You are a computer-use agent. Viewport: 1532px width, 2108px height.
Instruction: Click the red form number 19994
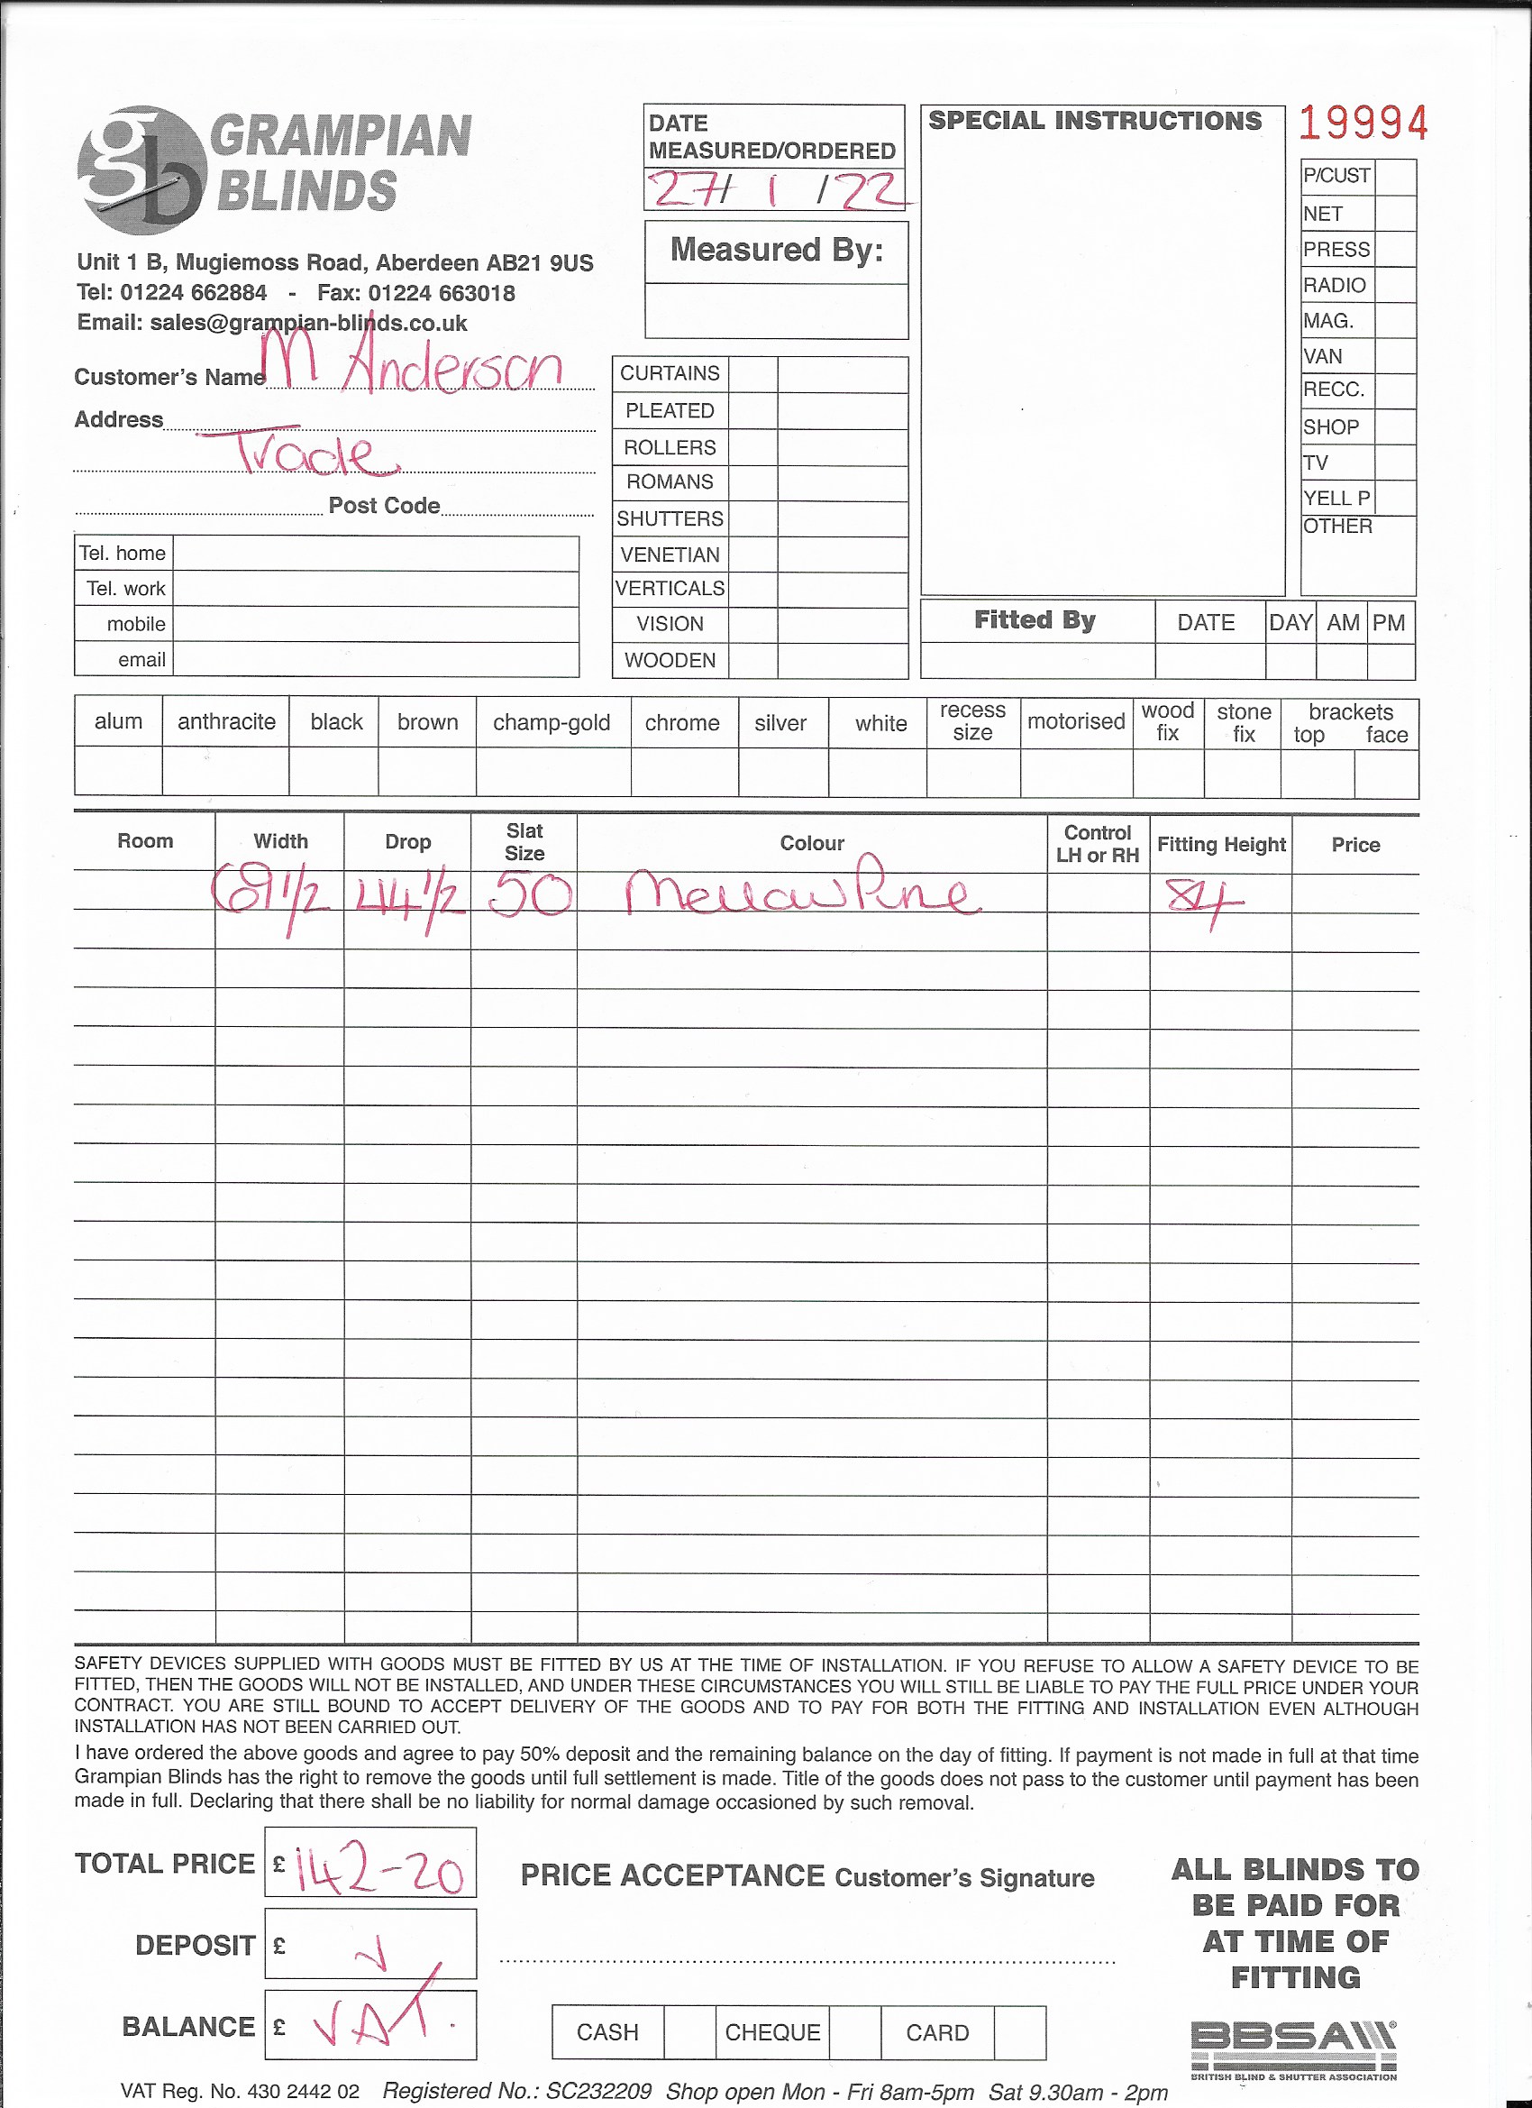pyautogui.click(x=1362, y=124)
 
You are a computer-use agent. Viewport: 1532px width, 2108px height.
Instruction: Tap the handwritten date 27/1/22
pyautogui.click(x=777, y=189)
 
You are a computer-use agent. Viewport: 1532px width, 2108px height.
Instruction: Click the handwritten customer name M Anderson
pyautogui.click(x=414, y=364)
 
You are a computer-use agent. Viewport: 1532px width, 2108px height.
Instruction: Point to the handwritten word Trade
pyautogui.click(x=306, y=454)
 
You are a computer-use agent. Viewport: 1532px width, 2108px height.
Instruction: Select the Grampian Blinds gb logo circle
pyautogui.click(x=141, y=170)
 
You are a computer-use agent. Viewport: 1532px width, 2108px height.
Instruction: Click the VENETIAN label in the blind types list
pyautogui.click(x=670, y=554)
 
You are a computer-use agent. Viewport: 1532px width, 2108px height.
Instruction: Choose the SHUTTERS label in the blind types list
pyautogui.click(x=670, y=518)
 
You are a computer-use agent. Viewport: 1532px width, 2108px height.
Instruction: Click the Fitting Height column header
pyautogui.click(x=1221, y=844)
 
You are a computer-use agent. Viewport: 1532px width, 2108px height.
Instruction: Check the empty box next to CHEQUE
pyautogui.click(x=854, y=2032)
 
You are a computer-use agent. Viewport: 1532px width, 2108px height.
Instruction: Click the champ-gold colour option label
pyautogui.click(x=552, y=722)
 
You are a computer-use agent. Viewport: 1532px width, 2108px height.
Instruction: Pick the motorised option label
pyautogui.click(x=1076, y=721)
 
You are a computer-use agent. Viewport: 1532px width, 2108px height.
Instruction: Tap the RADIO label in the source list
pyautogui.click(x=1334, y=285)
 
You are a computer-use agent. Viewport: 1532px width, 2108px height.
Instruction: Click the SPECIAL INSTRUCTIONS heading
pyautogui.click(x=1094, y=121)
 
